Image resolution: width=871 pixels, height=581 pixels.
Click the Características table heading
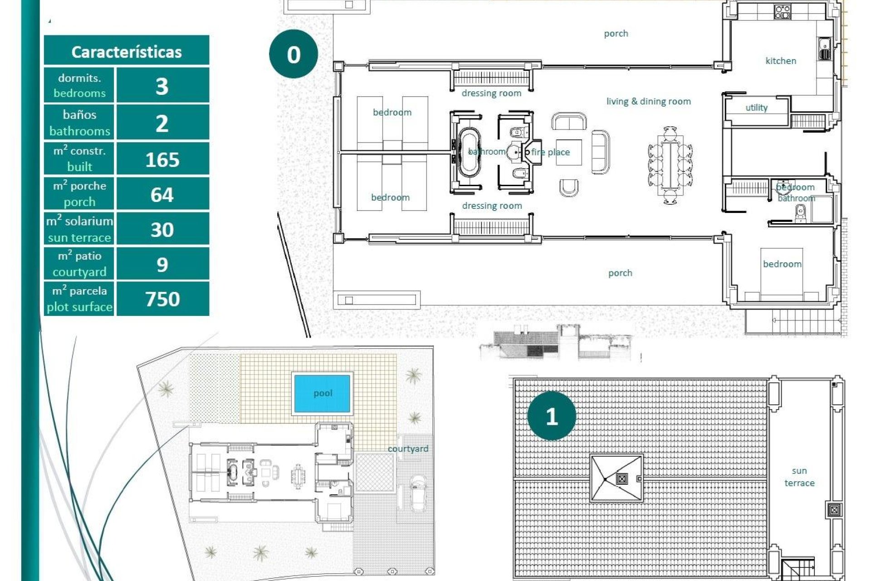pyautogui.click(x=126, y=52)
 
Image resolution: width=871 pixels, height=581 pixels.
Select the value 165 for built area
pyautogui.click(x=162, y=160)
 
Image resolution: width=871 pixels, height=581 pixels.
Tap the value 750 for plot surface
pyautogui.click(x=162, y=299)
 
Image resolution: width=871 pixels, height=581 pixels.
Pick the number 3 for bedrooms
pyautogui.click(x=162, y=86)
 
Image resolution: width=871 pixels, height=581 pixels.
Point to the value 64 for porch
pyautogui.click(x=162, y=195)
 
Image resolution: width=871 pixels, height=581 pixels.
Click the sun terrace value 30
pyautogui.click(x=162, y=230)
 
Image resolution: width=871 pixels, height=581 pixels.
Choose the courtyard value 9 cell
pyautogui.click(x=162, y=265)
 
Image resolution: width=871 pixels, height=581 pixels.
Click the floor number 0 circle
pyautogui.click(x=294, y=54)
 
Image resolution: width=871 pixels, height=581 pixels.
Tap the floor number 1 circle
pyautogui.click(x=552, y=416)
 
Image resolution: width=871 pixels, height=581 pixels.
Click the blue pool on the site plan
pyautogui.click(x=323, y=394)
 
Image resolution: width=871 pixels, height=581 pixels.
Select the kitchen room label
pyautogui.click(x=781, y=61)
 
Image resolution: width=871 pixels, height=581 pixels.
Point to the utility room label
pyautogui.click(x=756, y=108)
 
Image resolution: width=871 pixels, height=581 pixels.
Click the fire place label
pyautogui.click(x=550, y=153)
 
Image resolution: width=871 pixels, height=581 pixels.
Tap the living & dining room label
pyautogui.click(x=648, y=102)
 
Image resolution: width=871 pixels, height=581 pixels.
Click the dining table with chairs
pyautogui.click(x=670, y=165)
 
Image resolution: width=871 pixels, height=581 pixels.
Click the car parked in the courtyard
pyautogui.click(x=417, y=493)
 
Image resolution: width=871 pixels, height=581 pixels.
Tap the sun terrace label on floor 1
pyautogui.click(x=799, y=477)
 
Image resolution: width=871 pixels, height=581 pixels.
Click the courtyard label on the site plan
pyautogui.click(x=408, y=449)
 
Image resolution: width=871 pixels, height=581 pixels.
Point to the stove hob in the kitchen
pyautogui.click(x=783, y=11)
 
